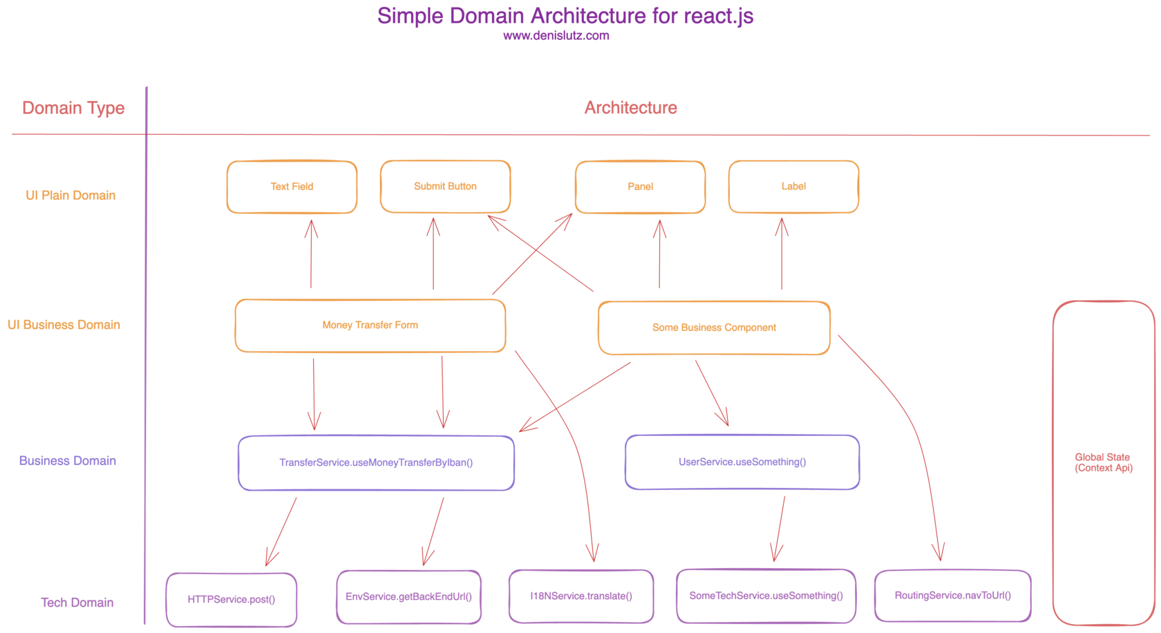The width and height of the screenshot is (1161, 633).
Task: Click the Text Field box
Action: pos(292,187)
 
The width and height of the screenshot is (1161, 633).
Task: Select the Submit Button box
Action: pos(445,187)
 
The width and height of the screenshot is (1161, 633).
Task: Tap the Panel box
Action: pos(640,187)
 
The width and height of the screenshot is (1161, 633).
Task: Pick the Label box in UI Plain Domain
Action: pos(793,187)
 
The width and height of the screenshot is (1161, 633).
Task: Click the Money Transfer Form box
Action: pos(370,325)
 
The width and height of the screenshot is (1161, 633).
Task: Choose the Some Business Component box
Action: pos(714,328)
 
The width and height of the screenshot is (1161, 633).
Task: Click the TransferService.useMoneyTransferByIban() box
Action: pos(376,462)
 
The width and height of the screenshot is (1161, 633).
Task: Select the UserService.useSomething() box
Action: pos(742,462)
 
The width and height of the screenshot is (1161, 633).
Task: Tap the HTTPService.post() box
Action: pos(232,599)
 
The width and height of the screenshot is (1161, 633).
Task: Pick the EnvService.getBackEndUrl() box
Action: pos(408,596)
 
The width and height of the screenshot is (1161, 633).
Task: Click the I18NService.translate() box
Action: pos(581,596)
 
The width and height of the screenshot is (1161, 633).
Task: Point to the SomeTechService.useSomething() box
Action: pos(766,596)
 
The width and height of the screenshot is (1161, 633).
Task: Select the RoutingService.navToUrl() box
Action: pos(952,595)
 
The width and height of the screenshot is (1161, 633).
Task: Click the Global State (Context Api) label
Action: pos(1103,462)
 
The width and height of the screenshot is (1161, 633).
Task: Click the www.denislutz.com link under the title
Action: pos(556,36)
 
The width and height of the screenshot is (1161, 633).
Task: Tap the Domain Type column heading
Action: pos(73,108)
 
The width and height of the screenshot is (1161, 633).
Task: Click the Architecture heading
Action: pos(630,108)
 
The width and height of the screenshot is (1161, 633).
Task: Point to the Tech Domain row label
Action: pos(77,603)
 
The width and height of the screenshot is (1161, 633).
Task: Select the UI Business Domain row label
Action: pos(64,325)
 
